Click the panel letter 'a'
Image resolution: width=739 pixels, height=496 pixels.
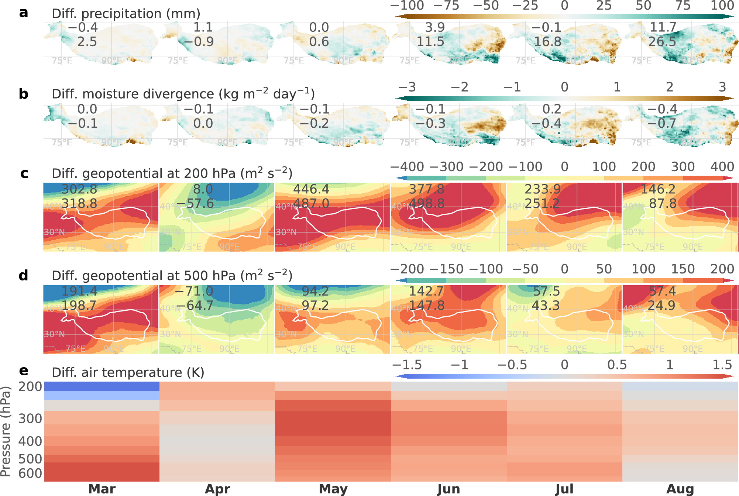23,13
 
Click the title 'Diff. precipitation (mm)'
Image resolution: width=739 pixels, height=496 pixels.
126,14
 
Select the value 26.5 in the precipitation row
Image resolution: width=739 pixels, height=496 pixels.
662,42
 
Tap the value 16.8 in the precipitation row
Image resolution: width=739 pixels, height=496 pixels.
547,42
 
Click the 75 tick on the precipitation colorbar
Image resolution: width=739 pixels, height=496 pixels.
683,6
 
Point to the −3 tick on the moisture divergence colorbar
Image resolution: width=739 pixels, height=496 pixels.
407,87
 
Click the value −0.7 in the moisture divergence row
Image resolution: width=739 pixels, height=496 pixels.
662,123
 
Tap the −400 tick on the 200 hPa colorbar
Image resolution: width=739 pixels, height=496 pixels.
407,167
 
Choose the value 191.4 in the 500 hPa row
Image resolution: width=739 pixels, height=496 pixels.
79,291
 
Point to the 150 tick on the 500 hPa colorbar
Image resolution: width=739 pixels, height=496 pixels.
683,269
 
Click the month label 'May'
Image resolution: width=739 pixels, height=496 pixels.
333,489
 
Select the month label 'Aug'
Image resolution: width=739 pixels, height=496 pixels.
680,489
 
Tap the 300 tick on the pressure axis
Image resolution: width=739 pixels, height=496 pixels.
30,419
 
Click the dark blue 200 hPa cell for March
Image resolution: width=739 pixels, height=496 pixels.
102,386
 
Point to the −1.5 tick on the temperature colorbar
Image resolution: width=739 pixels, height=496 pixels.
407,365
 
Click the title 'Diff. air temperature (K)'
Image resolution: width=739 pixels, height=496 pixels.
128,373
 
